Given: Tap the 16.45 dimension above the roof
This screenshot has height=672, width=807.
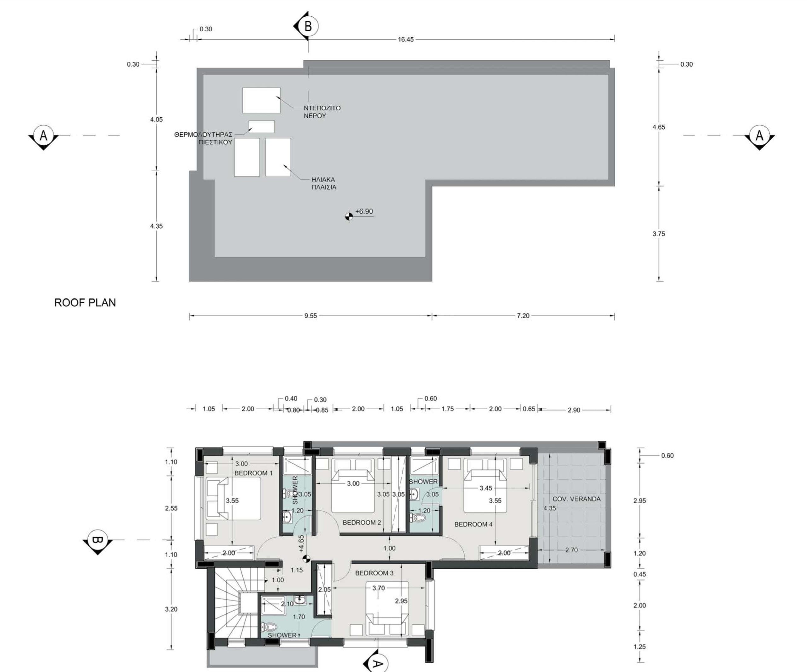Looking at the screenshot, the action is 406,39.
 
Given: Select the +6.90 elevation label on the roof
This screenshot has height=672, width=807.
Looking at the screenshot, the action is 364,212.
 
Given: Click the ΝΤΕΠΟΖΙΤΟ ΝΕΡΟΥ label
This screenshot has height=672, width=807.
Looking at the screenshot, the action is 322,112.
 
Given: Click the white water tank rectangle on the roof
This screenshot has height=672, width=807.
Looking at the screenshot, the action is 261,100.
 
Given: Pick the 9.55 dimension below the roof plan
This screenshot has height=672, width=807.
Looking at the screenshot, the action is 311,316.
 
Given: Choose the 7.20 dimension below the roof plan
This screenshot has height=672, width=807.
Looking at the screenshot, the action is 523,316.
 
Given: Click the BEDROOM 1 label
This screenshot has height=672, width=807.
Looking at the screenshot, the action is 253,473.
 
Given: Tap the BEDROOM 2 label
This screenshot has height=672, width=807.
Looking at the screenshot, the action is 362,523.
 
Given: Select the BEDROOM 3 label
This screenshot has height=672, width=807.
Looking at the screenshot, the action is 374,573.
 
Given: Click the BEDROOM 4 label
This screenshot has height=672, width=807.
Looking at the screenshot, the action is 473,524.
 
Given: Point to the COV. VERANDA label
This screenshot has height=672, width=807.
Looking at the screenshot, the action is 577,499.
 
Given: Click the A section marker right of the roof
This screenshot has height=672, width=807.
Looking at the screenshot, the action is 759,137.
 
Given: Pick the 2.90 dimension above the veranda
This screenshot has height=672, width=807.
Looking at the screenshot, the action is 574,410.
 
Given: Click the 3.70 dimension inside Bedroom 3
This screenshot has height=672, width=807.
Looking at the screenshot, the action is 379,588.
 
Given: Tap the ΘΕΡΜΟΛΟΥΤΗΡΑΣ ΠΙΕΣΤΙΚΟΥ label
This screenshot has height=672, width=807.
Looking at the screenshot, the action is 203,138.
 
